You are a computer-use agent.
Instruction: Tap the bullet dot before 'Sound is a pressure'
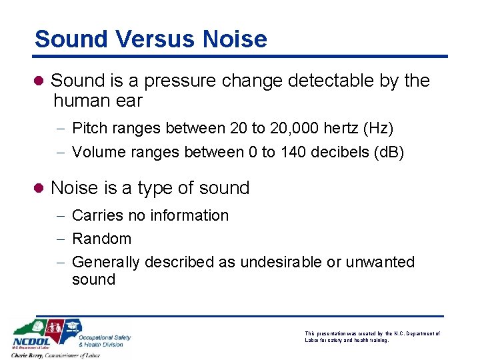tap(40, 81)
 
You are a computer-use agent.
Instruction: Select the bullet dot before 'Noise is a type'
tap(40, 189)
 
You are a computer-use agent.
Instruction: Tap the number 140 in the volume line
tap(292, 152)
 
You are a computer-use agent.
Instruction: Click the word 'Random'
tap(101, 239)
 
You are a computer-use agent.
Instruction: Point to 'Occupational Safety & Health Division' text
tap(105, 341)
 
